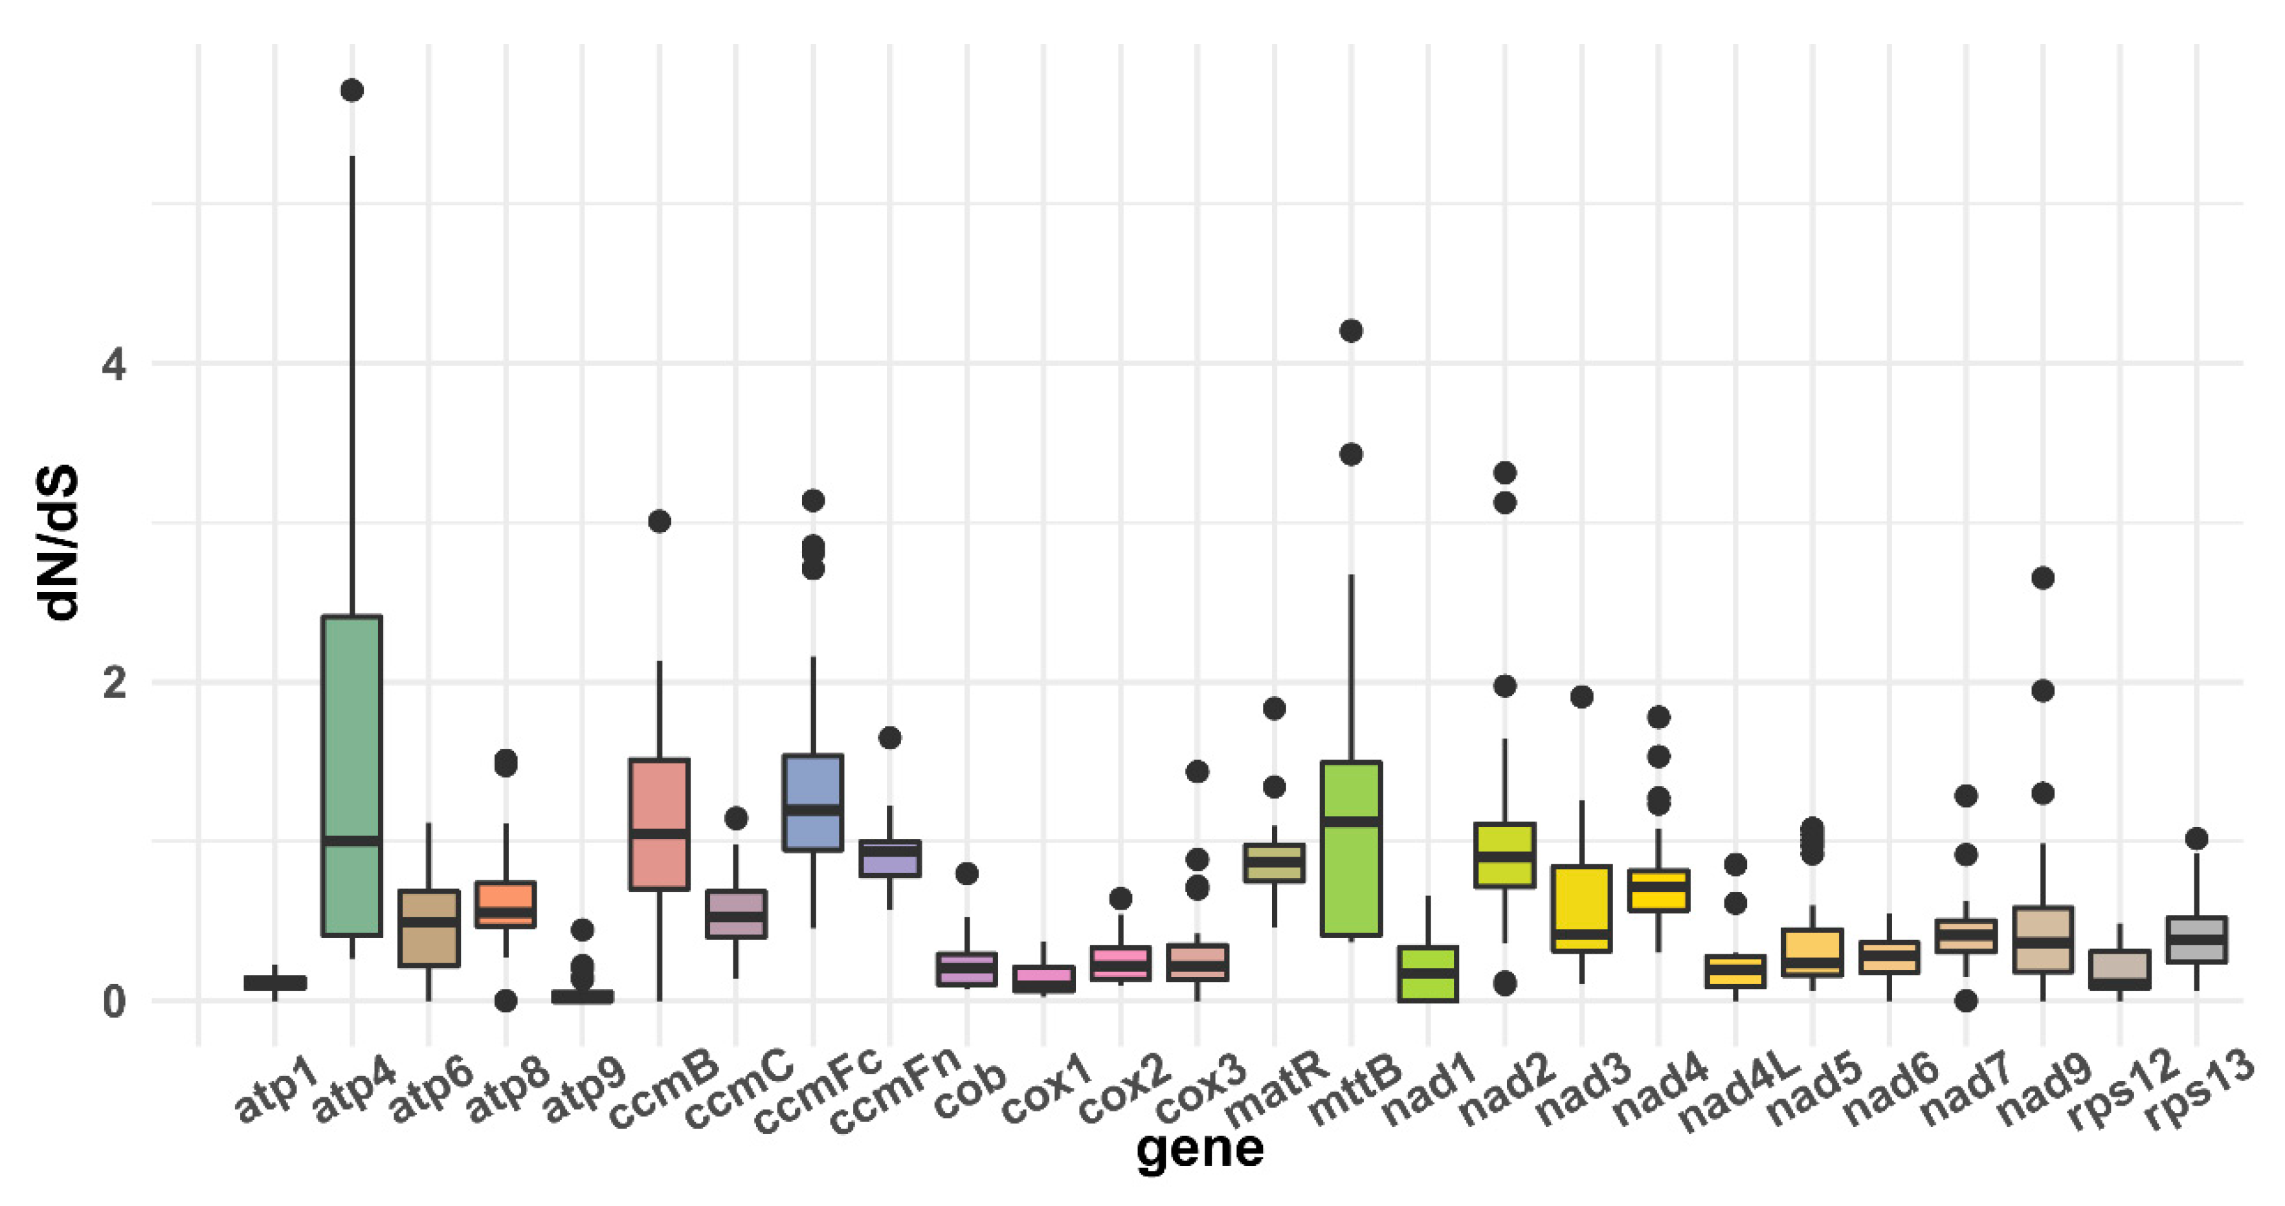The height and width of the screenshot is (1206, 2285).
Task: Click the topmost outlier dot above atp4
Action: (x=352, y=91)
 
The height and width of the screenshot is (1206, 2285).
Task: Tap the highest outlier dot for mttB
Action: (x=1350, y=331)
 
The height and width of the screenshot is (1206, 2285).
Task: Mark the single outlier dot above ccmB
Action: (x=659, y=521)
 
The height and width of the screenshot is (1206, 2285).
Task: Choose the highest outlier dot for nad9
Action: (x=2043, y=578)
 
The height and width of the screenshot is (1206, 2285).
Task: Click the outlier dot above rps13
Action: (x=2196, y=838)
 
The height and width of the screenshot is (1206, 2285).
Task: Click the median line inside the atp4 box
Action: (x=352, y=840)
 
